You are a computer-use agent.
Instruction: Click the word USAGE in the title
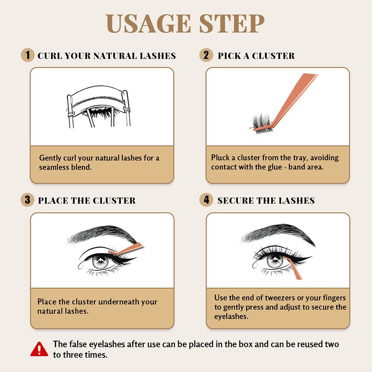coord(146,24)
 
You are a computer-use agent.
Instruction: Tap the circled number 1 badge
coord(27,55)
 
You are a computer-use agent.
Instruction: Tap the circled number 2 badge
coord(206,55)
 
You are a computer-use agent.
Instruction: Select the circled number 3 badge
coord(27,200)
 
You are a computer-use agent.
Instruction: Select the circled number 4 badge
coord(206,200)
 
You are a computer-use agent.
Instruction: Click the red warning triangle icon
coord(39,349)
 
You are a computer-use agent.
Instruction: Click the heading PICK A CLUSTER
coord(256,56)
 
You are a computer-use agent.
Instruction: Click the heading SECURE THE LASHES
coord(266,201)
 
